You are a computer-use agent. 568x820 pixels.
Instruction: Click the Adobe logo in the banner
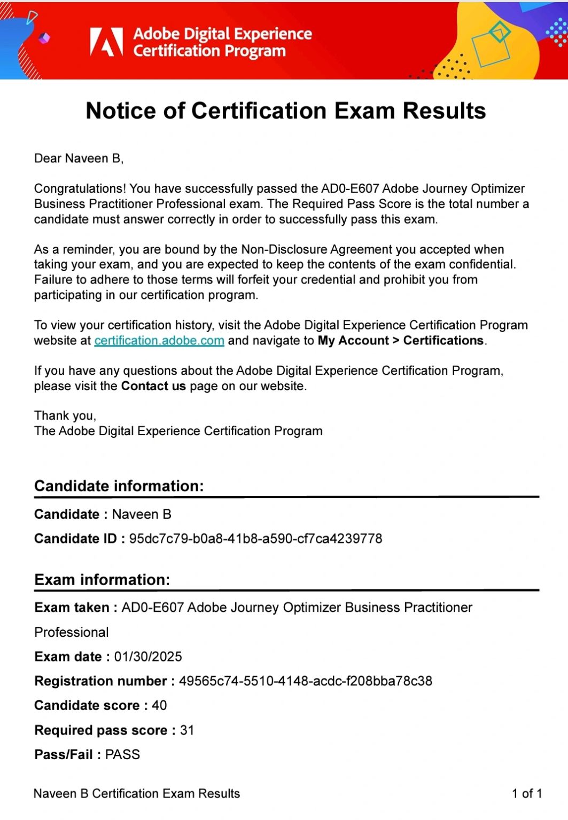(x=106, y=42)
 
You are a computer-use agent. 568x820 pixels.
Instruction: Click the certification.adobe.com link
(x=159, y=341)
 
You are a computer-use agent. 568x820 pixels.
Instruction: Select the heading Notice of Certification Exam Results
(x=286, y=111)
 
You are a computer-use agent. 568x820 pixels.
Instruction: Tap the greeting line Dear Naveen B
(x=79, y=159)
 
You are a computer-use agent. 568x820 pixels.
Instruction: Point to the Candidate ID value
(x=255, y=539)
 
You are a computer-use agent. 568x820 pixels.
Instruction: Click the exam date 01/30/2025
(x=148, y=657)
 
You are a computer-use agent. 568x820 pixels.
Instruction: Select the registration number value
(x=305, y=681)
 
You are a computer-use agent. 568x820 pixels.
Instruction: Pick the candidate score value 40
(x=159, y=706)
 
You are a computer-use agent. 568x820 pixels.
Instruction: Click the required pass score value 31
(x=187, y=730)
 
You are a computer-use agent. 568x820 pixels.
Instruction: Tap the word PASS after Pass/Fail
(x=122, y=755)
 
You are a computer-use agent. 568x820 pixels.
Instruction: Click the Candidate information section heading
(x=119, y=486)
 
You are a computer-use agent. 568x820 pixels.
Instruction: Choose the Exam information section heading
(x=102, y=580)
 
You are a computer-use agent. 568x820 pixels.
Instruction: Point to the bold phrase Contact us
(x=153, y=386)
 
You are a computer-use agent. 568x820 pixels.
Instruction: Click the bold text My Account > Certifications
(x=401, y=341)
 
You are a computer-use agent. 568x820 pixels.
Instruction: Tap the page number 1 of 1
(x=527, y=794)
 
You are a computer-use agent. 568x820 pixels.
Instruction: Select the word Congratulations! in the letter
(x=80, y=189)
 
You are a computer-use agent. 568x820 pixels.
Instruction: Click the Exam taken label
(x=72, y=608)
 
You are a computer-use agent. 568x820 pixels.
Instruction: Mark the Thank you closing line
(x=65, y=416)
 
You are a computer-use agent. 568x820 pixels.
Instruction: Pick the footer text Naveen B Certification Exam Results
(x=137, y=794)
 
